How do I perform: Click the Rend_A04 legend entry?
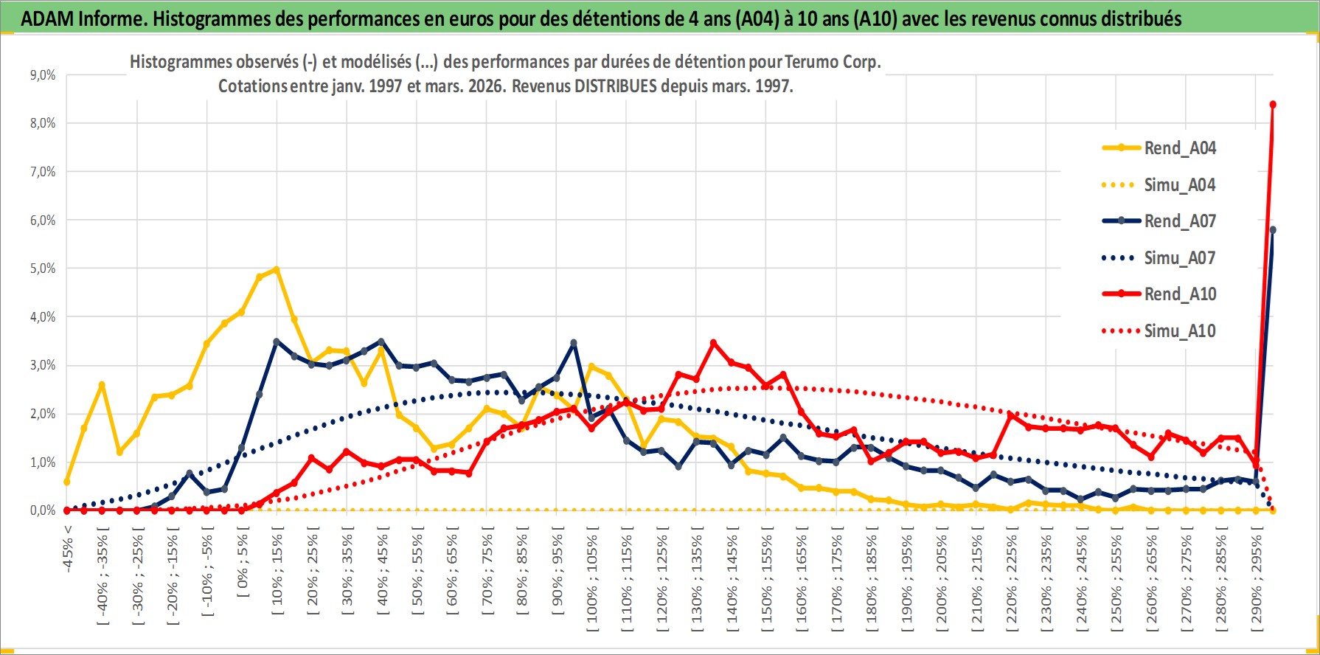point(1179,148)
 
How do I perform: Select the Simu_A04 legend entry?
point(1179,185)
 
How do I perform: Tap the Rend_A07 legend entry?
point(1179,221)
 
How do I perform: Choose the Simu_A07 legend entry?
point(1179,258)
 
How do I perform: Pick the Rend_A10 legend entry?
point(1179,294)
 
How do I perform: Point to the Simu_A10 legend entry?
point(1179,331)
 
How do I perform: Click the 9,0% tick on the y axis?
point(42,75)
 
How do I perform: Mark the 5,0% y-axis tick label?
point(42,268)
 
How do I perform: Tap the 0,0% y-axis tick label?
point(42,510)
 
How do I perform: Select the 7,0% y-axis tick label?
point(42,172)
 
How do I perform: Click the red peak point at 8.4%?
point(1273,105)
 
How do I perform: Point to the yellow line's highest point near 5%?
point(277,270)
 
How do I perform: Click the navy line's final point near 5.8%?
point(1273,230)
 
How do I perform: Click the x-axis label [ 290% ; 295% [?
point(1257,583)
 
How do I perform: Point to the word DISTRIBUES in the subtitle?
point(615,86)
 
